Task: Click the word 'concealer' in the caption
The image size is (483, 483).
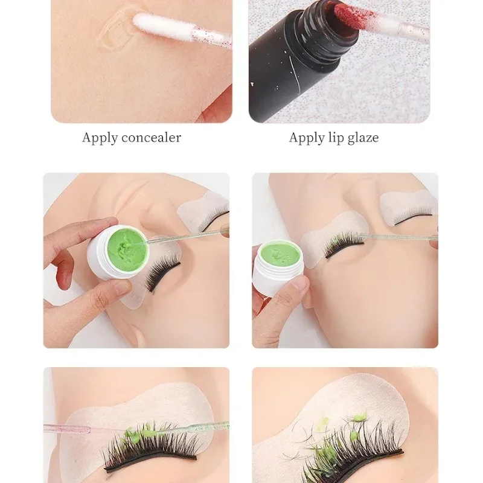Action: tap(152, 138)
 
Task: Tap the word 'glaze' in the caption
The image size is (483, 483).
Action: tap(362, 138)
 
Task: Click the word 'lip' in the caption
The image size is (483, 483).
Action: tap(334, 138)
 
